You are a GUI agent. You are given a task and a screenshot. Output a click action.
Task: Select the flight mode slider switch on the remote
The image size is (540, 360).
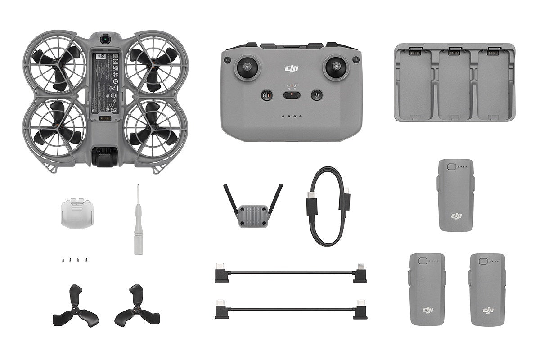[292, 94]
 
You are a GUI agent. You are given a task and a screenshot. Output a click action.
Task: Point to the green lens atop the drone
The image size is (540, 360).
[105, 39]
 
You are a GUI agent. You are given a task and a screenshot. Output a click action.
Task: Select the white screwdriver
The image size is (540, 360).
[138, 220]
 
